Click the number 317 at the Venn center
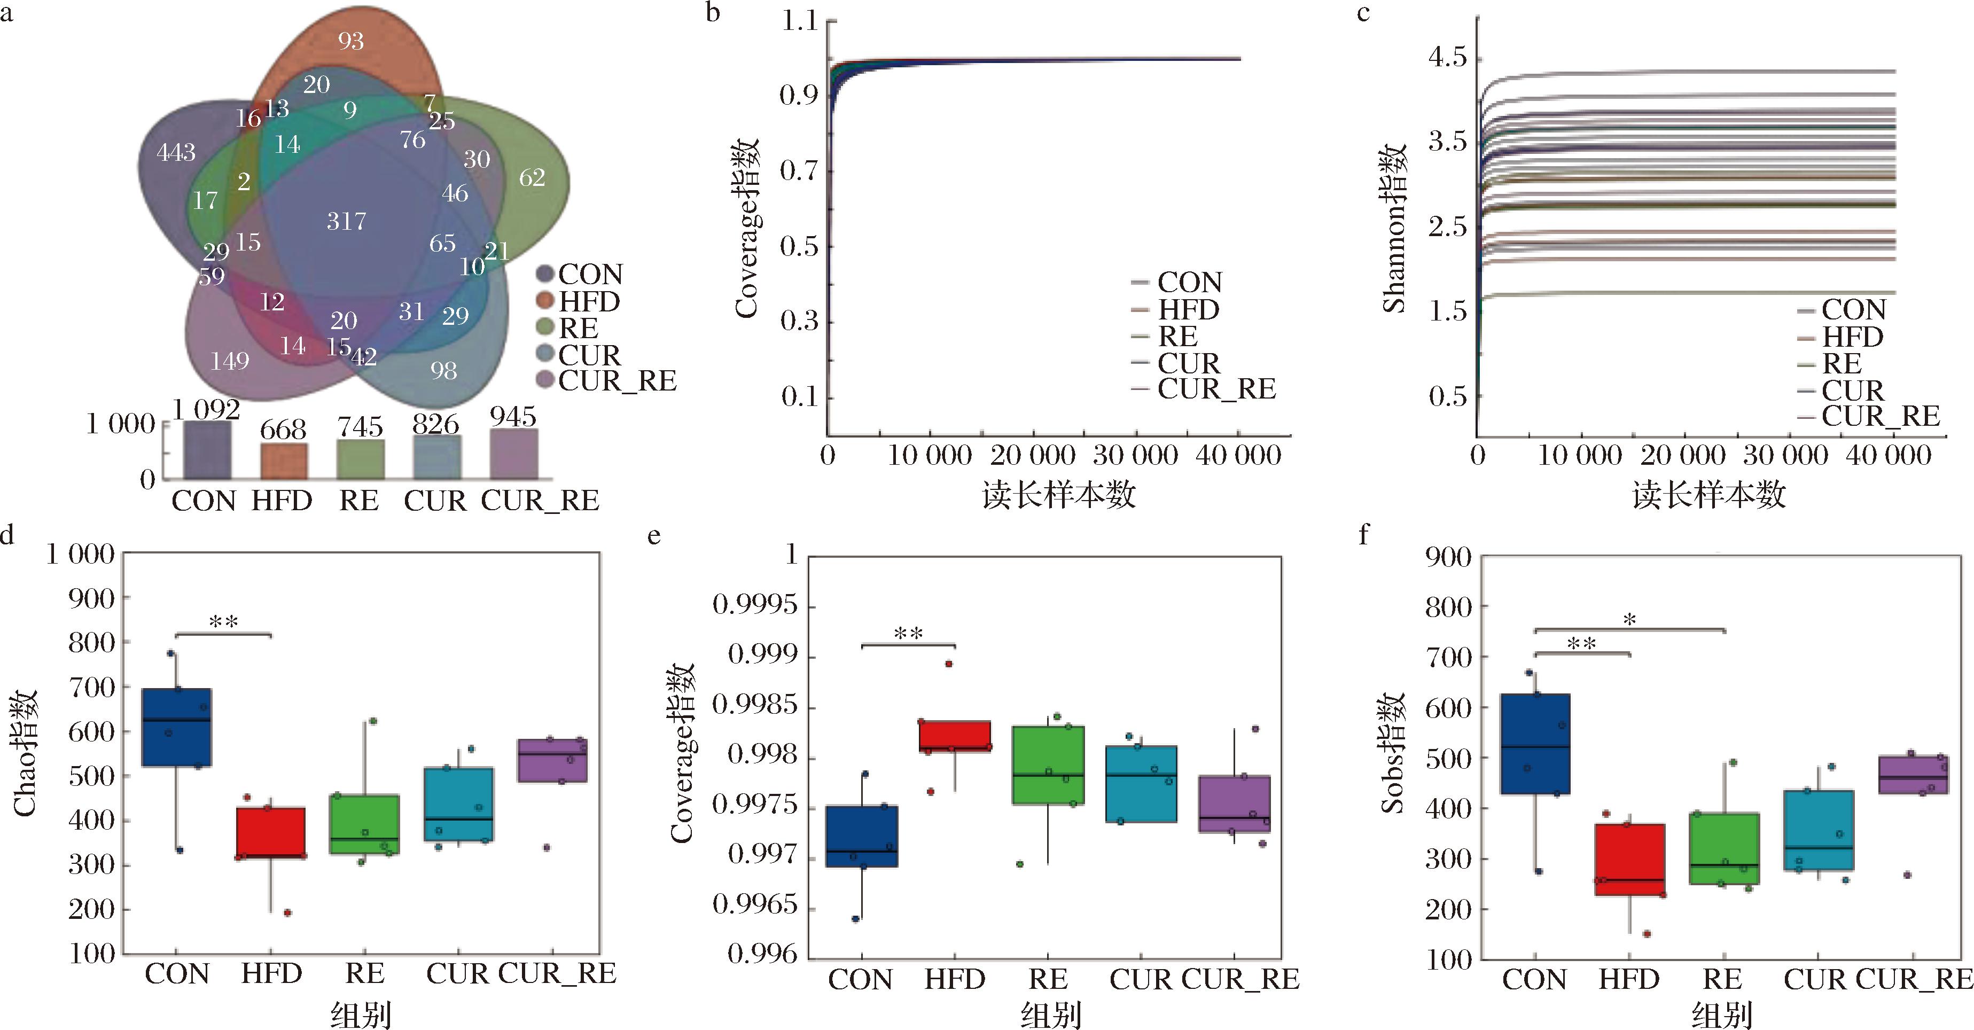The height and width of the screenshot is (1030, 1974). (x=346, y=222)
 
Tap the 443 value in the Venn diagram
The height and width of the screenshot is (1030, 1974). (x=176, y=152)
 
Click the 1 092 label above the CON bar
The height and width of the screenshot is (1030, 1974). (x=205, y=410)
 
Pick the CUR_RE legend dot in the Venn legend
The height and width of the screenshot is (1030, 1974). (x=545, y=380)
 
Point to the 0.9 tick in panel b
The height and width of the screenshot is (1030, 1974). (x=799, y=95)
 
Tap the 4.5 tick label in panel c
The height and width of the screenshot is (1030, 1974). (x=1447, y=58)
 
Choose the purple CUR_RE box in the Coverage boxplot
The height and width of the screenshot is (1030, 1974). (x=1234, y=804)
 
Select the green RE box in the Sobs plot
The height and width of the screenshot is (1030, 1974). (x=1724, y=848)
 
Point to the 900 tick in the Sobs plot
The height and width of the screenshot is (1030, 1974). (x=1448, y=557)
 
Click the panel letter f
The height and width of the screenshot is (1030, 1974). (x=1363, y=534)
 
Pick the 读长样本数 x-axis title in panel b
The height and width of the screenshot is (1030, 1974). (x=1058, y=496)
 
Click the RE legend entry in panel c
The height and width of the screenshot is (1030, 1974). (x=1840, y=363)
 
